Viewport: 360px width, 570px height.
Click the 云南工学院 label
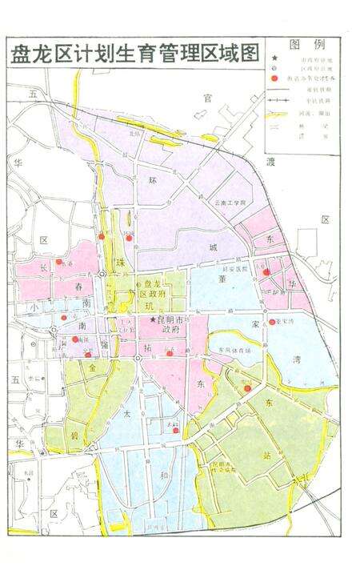(x=232, y=203)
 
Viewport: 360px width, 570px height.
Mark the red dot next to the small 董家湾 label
(x=272, y=323)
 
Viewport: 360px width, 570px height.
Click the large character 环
(x=151, y=181)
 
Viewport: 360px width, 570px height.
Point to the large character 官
(x=207, y=98)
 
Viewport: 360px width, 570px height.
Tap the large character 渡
(x=270, y=163)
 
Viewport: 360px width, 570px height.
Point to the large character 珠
(x=120, y=263)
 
